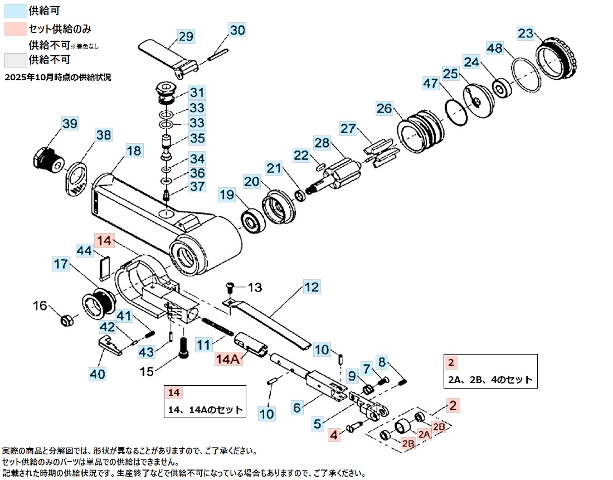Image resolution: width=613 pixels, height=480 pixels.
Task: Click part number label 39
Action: coord(70,124)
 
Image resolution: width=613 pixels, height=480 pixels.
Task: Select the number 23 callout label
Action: coord(525,33)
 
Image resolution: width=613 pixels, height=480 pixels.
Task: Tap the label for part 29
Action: coord(186,37)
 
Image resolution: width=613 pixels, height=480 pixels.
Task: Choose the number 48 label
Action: coord(494,49)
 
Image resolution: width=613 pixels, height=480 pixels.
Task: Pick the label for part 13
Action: coord(254,287)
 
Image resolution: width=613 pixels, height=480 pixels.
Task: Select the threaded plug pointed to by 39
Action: coord(48,161)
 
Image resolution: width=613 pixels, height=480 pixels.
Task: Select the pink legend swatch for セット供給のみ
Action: coord(14,28)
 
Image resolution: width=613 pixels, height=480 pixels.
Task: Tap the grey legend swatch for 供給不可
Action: coord(14,59)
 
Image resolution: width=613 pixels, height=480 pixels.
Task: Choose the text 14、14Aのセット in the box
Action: coord(205,410)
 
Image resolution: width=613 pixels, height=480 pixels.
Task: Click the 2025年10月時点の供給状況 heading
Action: coord(58,77)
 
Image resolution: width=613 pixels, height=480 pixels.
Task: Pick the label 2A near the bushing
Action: coord(425,434)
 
